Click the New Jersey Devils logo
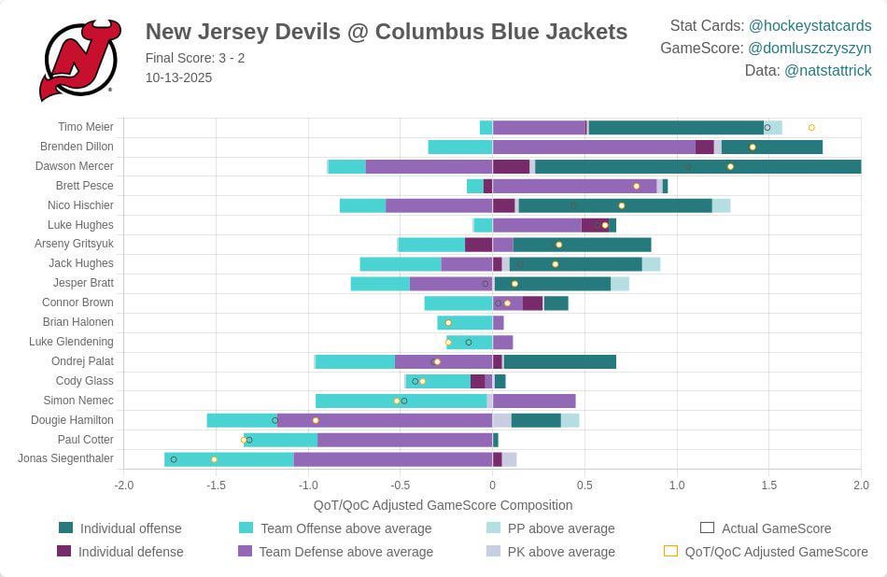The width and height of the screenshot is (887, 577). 79,61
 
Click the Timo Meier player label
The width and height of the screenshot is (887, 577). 85,127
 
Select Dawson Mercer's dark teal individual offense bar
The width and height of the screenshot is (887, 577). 697,166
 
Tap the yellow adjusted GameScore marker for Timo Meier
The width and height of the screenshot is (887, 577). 811,127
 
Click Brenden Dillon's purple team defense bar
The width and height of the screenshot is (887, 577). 594,147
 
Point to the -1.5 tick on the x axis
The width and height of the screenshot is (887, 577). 215,486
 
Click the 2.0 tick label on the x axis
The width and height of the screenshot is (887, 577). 860,486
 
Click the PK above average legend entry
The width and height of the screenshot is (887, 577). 560,552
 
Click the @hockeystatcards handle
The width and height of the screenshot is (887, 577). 810,25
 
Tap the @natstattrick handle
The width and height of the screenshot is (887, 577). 827,70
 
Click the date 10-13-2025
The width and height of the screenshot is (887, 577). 178,77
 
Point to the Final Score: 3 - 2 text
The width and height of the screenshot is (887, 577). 195,58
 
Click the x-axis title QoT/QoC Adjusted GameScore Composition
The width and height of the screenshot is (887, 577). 443,505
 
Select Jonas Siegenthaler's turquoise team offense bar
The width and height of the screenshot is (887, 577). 230,459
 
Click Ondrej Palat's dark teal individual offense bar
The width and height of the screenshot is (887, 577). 559,361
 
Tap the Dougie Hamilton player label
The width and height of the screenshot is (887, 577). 72,420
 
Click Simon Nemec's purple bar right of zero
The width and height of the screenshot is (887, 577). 534,401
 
